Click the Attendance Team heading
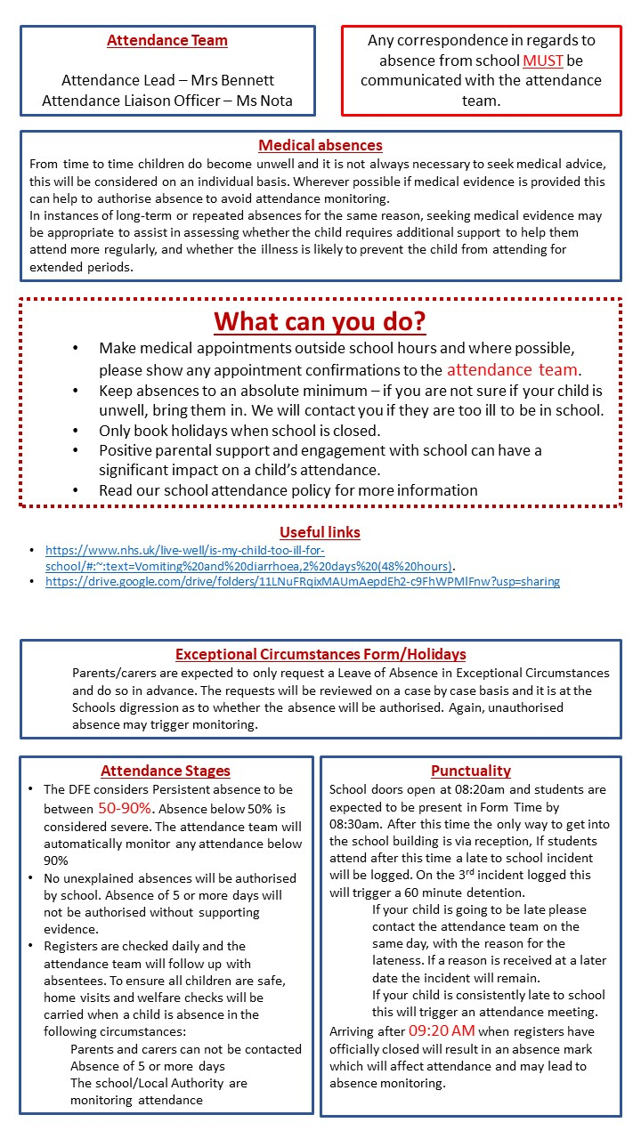click(167, 40)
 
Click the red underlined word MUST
click(543, 61)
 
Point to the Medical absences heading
click(320, 145)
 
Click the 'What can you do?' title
click(320, 320)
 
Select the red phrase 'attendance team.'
click(514, 369)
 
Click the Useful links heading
click(320, 532)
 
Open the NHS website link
click(249, 558)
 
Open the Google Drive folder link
click(303, 581)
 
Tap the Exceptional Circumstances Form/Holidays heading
click(320, 654)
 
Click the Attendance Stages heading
click(166, 771)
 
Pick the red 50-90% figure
click(125, 809)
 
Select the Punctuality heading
click(471, 771)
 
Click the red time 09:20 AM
click(442, 1031)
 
